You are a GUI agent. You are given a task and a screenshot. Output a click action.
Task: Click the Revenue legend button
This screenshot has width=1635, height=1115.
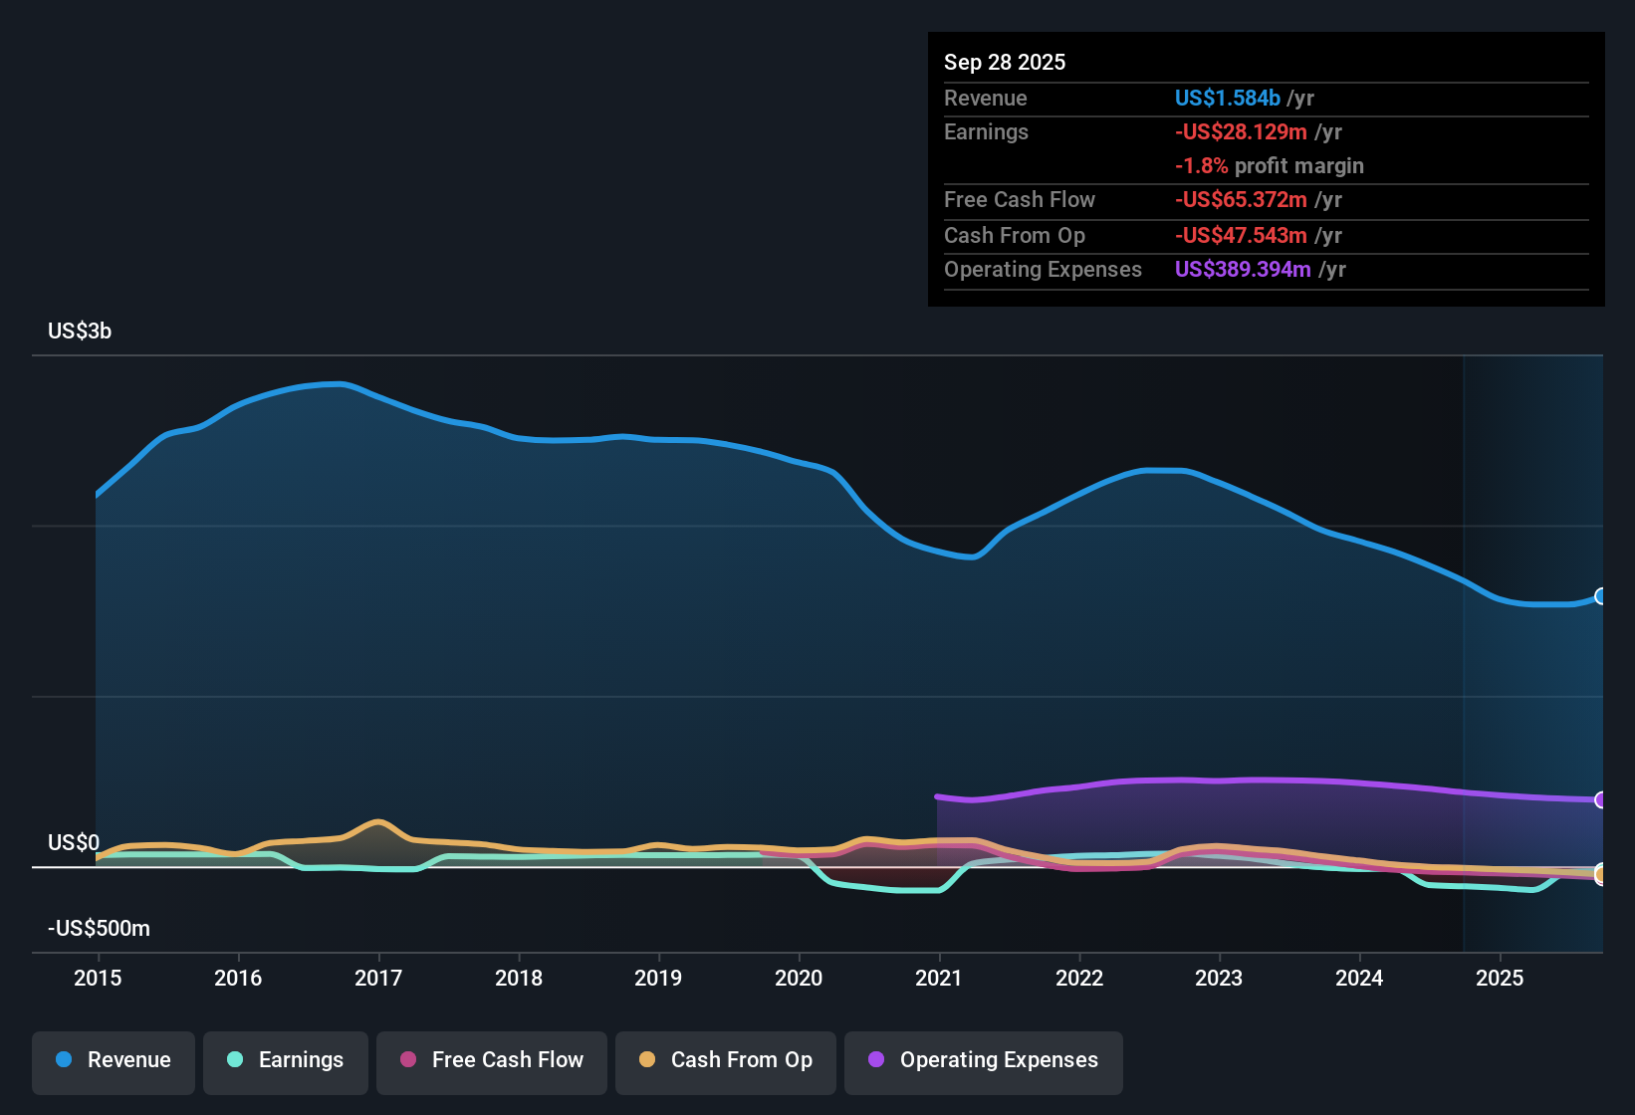113,1060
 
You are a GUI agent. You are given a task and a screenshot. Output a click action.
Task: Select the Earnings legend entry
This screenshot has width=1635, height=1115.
285,1060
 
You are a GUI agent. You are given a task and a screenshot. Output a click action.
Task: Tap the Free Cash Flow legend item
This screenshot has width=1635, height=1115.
491,1060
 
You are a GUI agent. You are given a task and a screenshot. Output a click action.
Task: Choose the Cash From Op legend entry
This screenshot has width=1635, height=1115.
725,1060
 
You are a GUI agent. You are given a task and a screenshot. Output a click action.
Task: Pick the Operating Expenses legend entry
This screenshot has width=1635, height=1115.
983,1060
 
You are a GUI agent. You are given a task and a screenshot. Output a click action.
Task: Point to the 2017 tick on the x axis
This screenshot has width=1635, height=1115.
378,978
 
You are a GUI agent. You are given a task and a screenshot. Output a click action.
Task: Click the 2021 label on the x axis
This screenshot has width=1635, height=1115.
938,978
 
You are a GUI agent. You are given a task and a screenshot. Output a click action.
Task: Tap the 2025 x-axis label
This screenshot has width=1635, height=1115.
1499,978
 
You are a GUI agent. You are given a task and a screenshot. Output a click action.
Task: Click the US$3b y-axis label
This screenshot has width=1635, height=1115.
80,332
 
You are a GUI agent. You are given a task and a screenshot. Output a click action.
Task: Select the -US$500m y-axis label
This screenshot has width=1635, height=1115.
99,929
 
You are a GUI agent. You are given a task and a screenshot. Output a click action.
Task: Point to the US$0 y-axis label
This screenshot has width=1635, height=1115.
74,843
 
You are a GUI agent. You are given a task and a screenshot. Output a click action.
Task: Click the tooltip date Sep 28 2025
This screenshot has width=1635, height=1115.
1004,63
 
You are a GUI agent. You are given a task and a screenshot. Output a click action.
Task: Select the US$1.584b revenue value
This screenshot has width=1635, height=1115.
1227,99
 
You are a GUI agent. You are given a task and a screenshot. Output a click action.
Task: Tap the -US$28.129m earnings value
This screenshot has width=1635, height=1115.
1241,132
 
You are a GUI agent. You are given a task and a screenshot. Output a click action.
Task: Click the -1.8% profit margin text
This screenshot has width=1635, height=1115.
1269,166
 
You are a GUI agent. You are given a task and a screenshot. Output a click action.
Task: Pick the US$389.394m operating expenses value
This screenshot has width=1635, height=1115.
1243,270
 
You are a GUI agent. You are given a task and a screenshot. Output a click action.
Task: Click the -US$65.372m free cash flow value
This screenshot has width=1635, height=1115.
1241,200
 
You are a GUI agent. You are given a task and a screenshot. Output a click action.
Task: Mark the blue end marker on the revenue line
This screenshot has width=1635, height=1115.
1600,596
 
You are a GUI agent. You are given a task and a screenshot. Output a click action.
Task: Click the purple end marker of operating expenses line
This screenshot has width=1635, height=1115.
1600,799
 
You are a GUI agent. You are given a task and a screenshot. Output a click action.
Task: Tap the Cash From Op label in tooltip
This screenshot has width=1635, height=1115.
1014,236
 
